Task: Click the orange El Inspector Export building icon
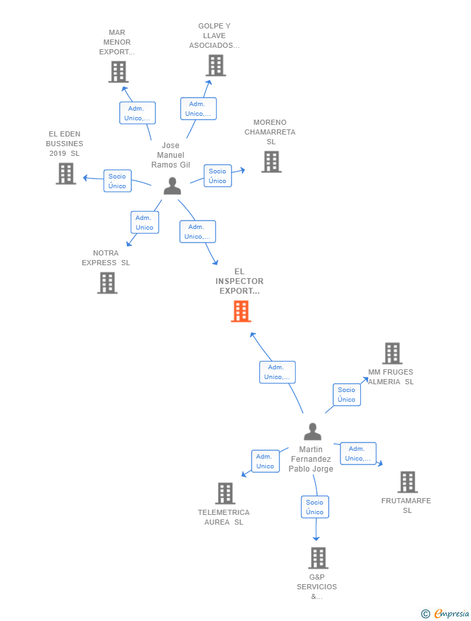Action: tap(241, 311)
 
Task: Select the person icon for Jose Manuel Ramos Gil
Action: tap(172, 186)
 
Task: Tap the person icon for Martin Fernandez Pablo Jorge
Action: tap(312, 431)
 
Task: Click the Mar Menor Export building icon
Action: tap(118, 72)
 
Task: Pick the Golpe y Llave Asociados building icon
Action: tap(215, 65)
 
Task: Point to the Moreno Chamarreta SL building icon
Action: tap(271, 162)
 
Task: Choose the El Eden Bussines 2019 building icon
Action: tap(66, 173)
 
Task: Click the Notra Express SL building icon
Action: tap(107, 283)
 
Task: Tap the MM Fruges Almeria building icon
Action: tap(392, 353)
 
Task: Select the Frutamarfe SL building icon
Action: tap(407, 482)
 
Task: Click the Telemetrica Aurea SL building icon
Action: tap(225, 494)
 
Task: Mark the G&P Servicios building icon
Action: tap(318, 558)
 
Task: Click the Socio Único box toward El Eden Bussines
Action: tap(117, 181)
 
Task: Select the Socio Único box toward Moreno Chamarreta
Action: tap(217, 176)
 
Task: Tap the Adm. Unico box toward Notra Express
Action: tap(144, 223)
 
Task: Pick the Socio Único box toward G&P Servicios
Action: tap(314, 507)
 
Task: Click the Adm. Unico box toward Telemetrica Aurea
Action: tap(265, 461)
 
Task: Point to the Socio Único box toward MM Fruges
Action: tap(346, 395)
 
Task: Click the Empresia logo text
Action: tap(451, 613)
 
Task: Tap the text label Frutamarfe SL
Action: tap(406, 505)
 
